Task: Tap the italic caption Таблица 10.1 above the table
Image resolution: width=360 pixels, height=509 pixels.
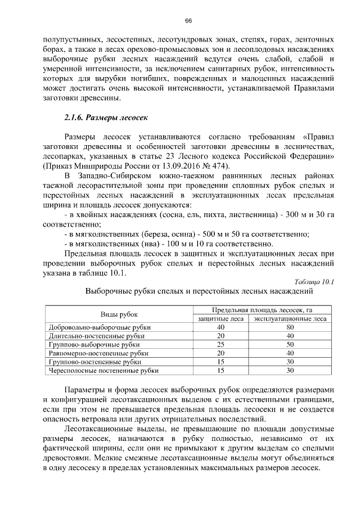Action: click(314, 282)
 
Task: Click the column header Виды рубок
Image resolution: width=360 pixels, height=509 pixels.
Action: click(119, 314)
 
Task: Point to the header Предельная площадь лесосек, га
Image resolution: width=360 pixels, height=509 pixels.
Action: click(262, 309)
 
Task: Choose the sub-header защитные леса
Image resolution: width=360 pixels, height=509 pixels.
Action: click(220, 318)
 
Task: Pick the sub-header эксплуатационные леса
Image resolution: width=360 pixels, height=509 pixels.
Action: click(290, 318)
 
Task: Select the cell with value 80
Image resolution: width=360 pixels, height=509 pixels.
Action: click(290, 327)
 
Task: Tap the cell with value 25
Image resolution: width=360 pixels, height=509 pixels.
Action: click(220, 344)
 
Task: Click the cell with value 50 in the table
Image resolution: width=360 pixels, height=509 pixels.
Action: click(290, 344)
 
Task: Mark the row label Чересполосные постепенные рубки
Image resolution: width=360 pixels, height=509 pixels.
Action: click(104, 371)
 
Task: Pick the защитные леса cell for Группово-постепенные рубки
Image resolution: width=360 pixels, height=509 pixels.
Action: click(220, 362)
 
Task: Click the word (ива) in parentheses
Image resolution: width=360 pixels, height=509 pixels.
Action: click(141, 244)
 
